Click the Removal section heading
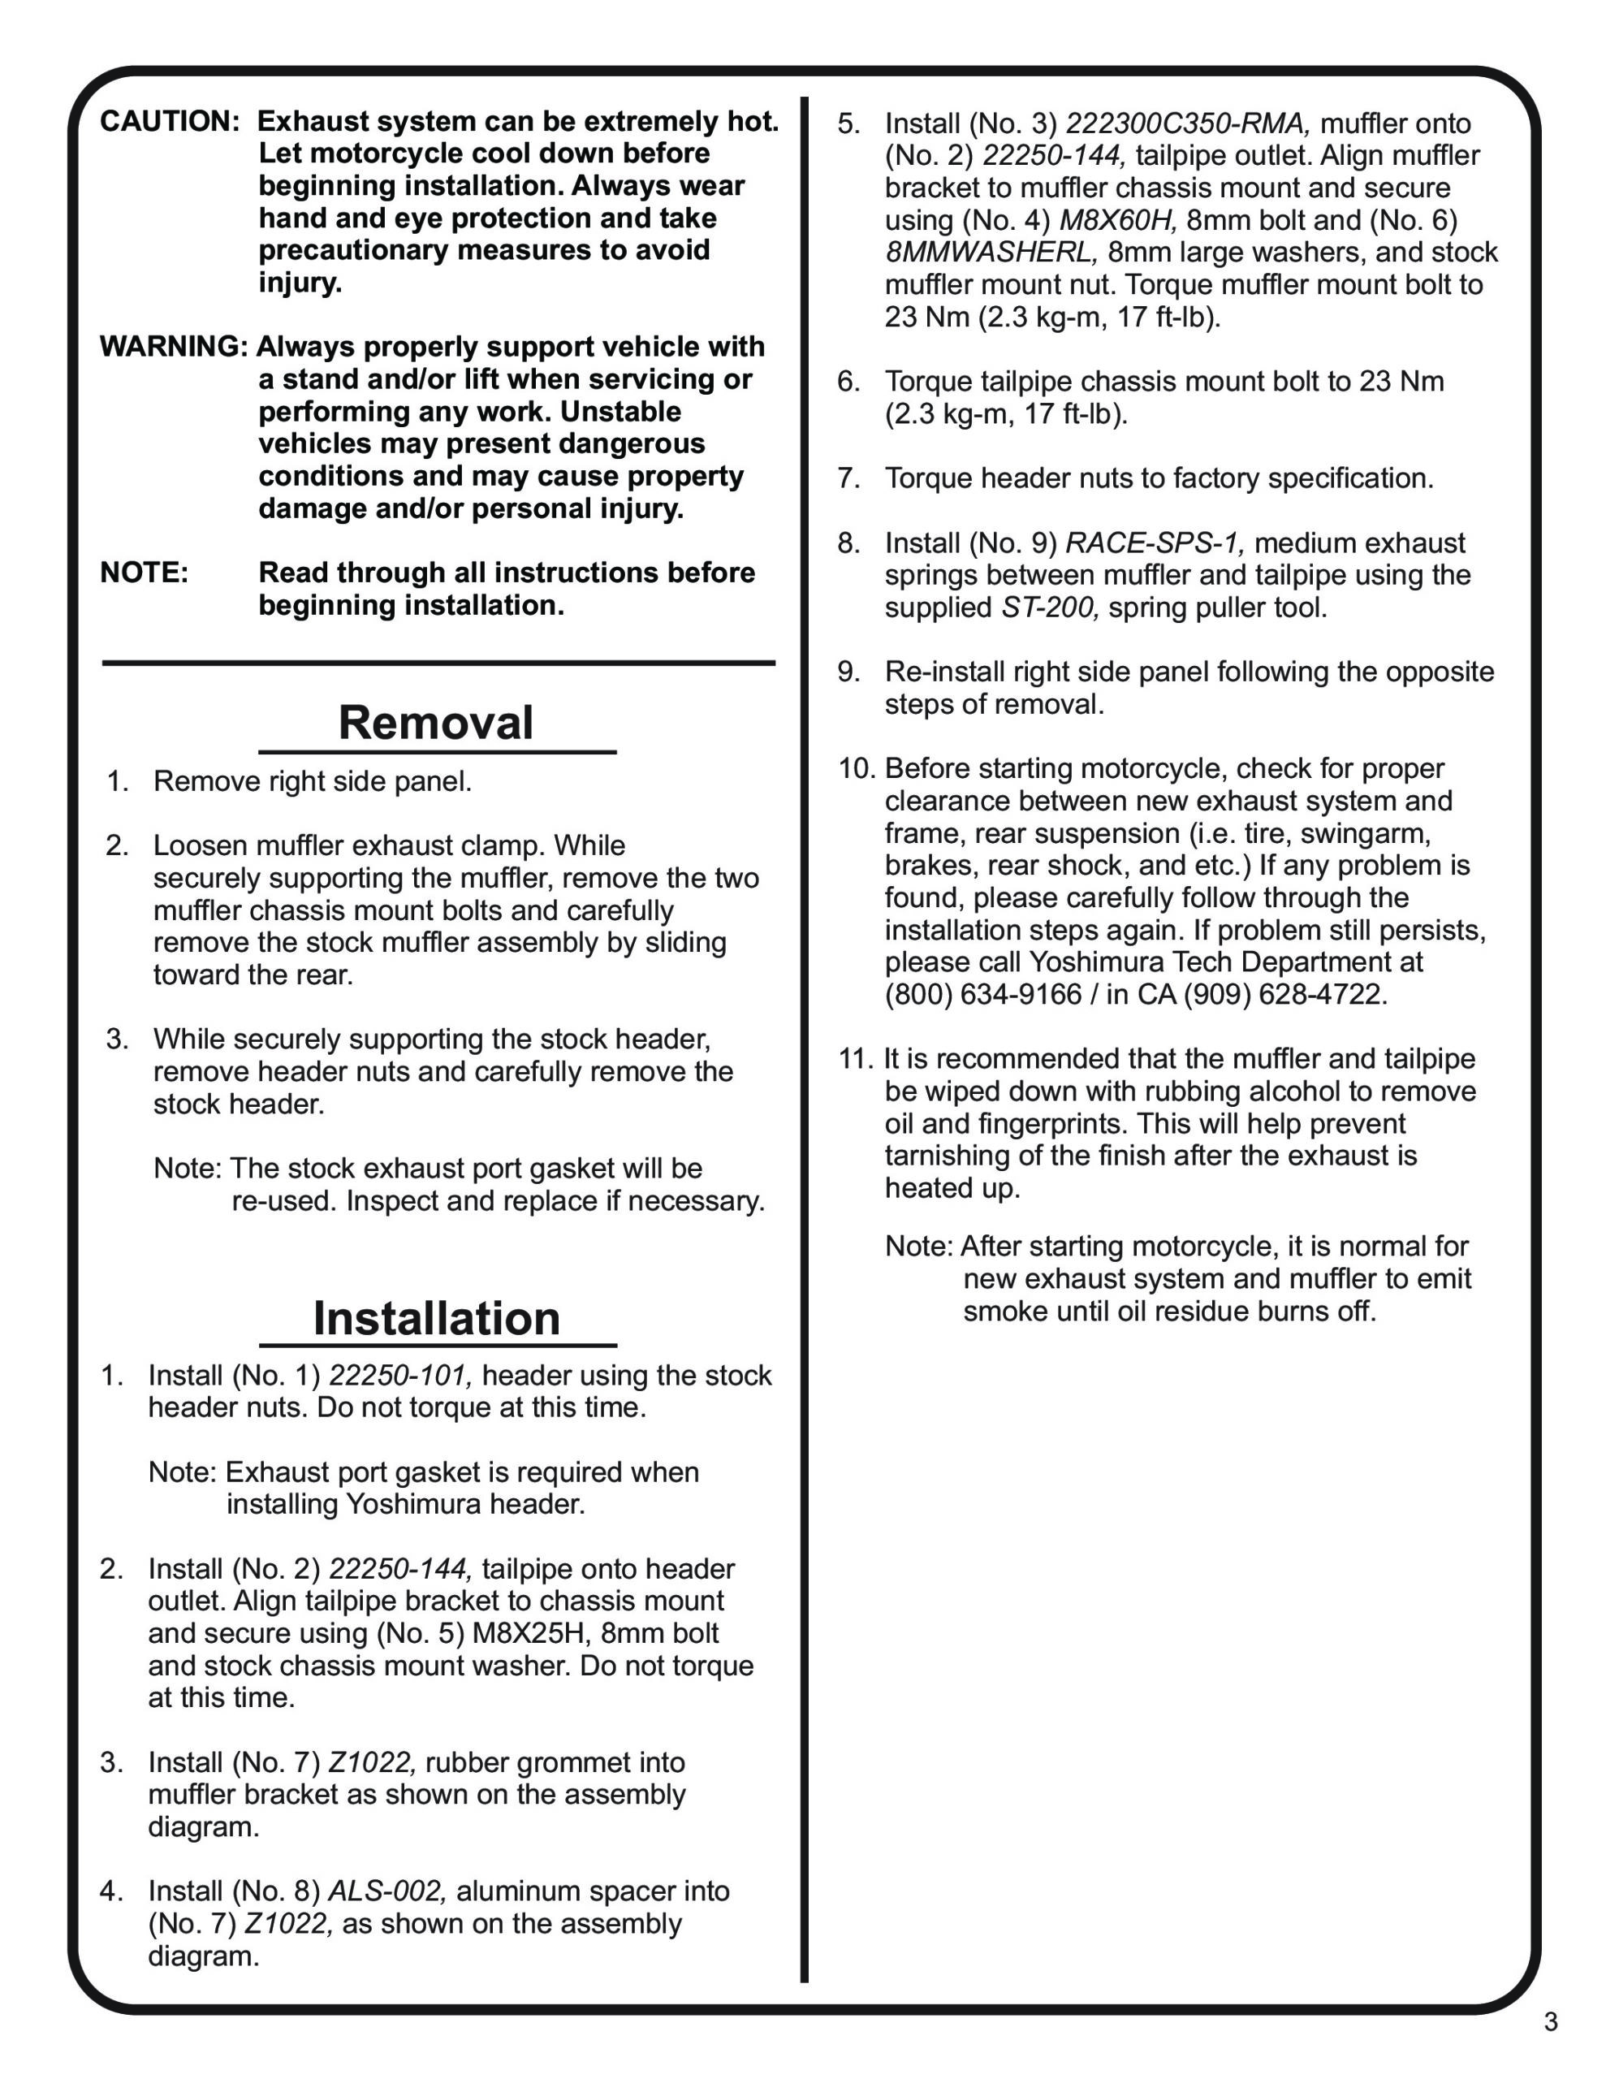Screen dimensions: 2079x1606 435,723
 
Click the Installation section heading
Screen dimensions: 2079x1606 436,1318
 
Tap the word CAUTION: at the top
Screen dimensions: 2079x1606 170,122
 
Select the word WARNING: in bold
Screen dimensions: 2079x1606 173,347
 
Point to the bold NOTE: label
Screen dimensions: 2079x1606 145,573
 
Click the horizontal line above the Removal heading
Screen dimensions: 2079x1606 438,663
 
